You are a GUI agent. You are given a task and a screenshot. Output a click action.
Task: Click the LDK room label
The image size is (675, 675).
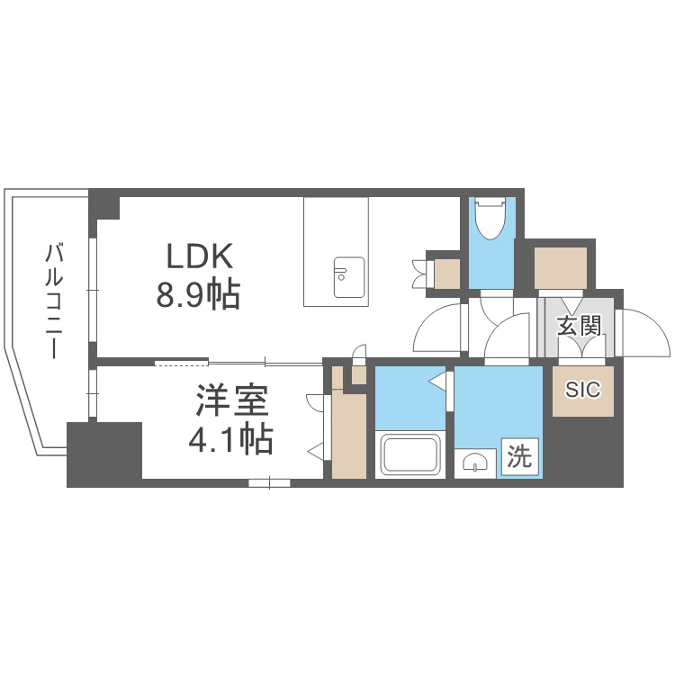click(x=200, y=257)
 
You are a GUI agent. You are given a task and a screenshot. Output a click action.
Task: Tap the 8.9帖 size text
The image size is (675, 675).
click(x=200, y=294)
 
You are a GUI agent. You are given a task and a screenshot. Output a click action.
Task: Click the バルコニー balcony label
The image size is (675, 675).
click(x=55, y=300)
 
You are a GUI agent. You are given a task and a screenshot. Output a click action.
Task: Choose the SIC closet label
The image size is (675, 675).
click(x=582, y=390)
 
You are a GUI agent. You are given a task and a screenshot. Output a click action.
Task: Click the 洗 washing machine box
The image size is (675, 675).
click(x=520, y=457)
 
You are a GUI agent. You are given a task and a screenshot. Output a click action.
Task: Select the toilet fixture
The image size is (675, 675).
click(x=491, y=219)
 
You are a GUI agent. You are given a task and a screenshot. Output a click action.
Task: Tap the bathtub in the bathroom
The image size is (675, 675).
click(x=410, y=454)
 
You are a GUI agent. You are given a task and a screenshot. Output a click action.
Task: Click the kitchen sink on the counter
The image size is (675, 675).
click(x=347, y=276)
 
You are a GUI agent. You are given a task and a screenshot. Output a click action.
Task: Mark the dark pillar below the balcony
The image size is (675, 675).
click(x=104, y=454)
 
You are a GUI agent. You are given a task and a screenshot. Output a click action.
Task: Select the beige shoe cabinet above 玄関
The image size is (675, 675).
click(x=561, y=266)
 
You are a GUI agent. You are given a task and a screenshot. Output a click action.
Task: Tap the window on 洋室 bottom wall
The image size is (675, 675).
click(x=270, y=483)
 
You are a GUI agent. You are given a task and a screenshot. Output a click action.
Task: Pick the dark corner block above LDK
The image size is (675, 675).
click(x=104, y=204)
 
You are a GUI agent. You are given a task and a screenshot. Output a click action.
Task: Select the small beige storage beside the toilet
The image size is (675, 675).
click(x=446, y=271)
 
